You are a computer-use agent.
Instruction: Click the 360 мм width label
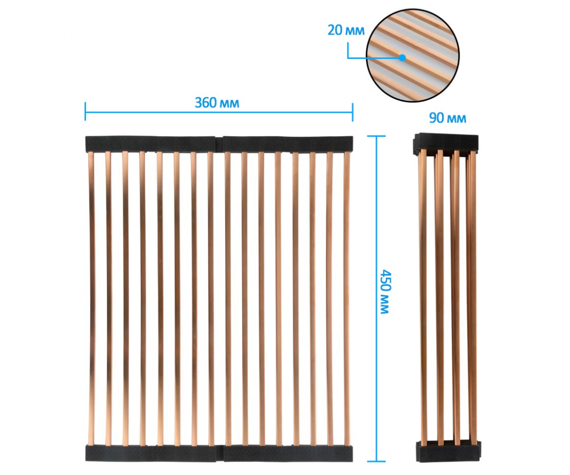click(217, 103)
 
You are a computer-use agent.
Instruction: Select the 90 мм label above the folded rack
click(447, 118)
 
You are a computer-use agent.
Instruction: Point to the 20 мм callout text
click(346, 30)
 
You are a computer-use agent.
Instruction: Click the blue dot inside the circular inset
click(402, 57)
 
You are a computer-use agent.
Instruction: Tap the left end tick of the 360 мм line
click(85, 111)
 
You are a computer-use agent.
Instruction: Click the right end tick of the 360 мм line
click(353, 112)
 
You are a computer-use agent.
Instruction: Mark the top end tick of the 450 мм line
click(377, 136)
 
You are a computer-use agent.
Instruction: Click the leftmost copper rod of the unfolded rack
click(92, 298)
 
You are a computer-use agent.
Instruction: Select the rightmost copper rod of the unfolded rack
click(347, 298)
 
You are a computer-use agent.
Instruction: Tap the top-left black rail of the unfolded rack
click(150, 144)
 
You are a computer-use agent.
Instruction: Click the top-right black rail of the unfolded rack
click(288, 144)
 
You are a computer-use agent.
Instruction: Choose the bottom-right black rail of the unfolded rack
click(288, 453)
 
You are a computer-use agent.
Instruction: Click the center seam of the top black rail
click(219, 144)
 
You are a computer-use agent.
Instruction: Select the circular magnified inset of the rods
click(412, 56)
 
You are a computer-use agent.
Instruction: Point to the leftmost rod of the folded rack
click(423, 297)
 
